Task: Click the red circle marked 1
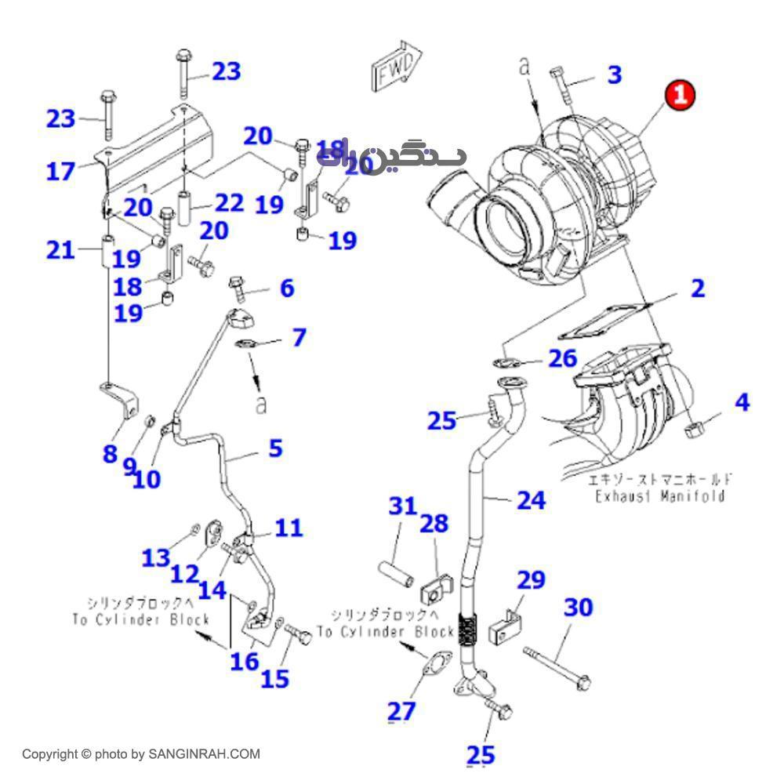pos(680,95)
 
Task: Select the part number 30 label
pos(579,607)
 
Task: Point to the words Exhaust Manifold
pos(659,495)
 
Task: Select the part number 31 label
pos(403,506)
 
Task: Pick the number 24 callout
pos(531,499)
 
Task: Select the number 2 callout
pos(696,289)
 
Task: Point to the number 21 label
pos(60,250)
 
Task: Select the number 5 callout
pos(274,448)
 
